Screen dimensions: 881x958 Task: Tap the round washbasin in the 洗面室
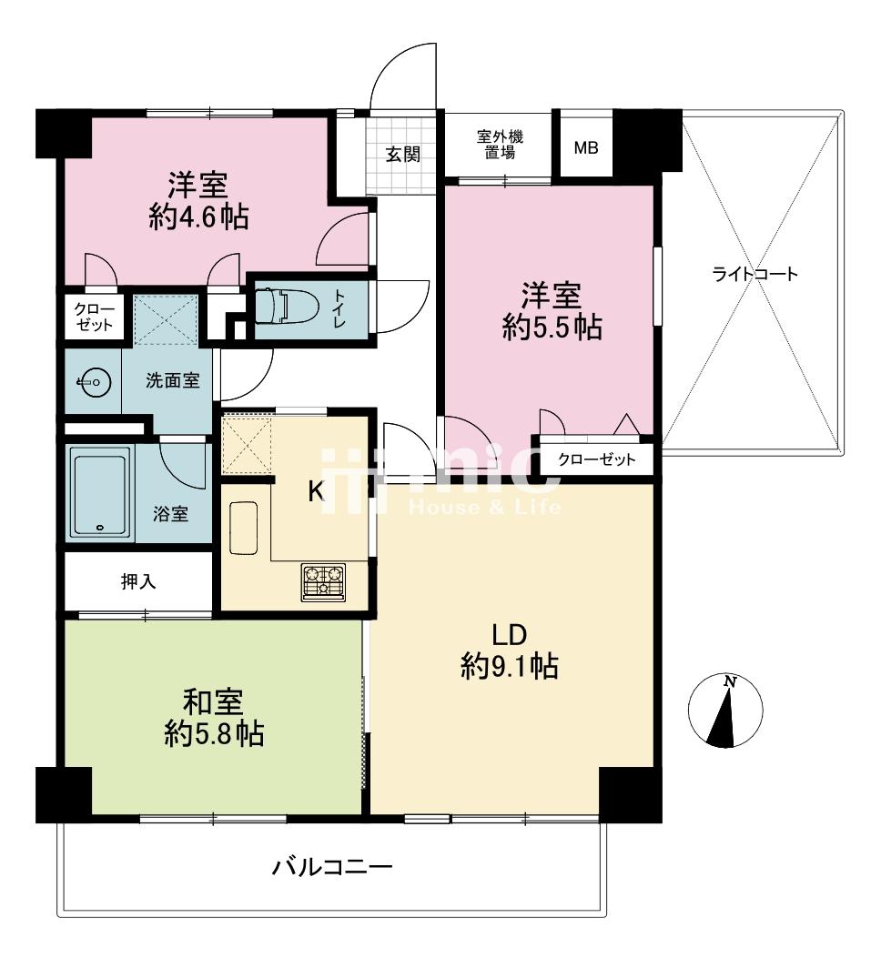pyautogui.click(x=95, y=383)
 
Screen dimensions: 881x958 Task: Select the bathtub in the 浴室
pyautogui.click(x=101, y=493)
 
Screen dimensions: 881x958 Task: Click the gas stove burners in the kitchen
pyautogui.click(x=323, y=581)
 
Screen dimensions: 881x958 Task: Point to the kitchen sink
pyautogui.click(x=243, y=528)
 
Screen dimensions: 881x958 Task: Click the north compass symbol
pyautogui.click(x=725, y=711)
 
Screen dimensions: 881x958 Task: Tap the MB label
pyautogui.click(x=586, y=148)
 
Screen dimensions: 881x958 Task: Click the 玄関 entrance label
pyautogui.click(x=403, y=154)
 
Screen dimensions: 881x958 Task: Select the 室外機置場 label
pyautogui.click(x=500, y=144)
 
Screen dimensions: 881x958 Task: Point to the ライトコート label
pyautogui.click(x=755, y=274)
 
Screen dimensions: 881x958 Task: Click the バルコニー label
pyautogui.click(x=332, y=866)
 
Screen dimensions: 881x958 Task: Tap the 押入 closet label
pyautogui.click(x=138, y=581)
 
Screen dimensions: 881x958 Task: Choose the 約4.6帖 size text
pyautogui.click(x=198, y=217)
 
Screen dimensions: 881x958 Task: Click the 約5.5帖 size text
pyautogui.click(x=552, y=328)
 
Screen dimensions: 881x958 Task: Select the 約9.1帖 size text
pyautogui.click(x=510, y=666)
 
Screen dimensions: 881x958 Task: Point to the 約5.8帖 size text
pyautogui.click(x=214, y=733)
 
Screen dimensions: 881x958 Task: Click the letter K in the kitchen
pyautogui.click(x=316, y=490)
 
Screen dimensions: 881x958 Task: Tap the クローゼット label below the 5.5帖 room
pyautogui.click(x=597, y=459)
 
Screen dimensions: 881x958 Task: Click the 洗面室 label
pyautogui.click(x=172, y=380)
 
